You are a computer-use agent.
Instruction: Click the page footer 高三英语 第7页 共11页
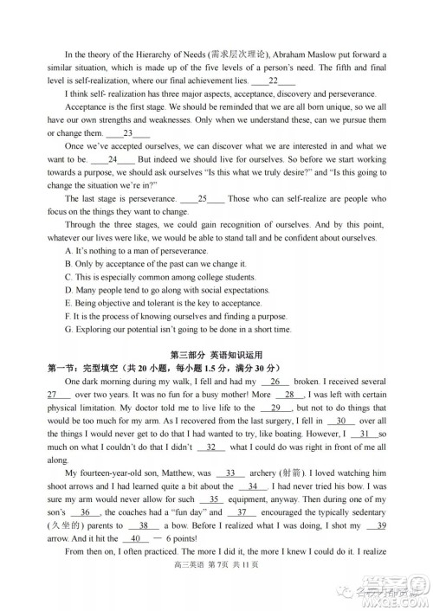[216, 588]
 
